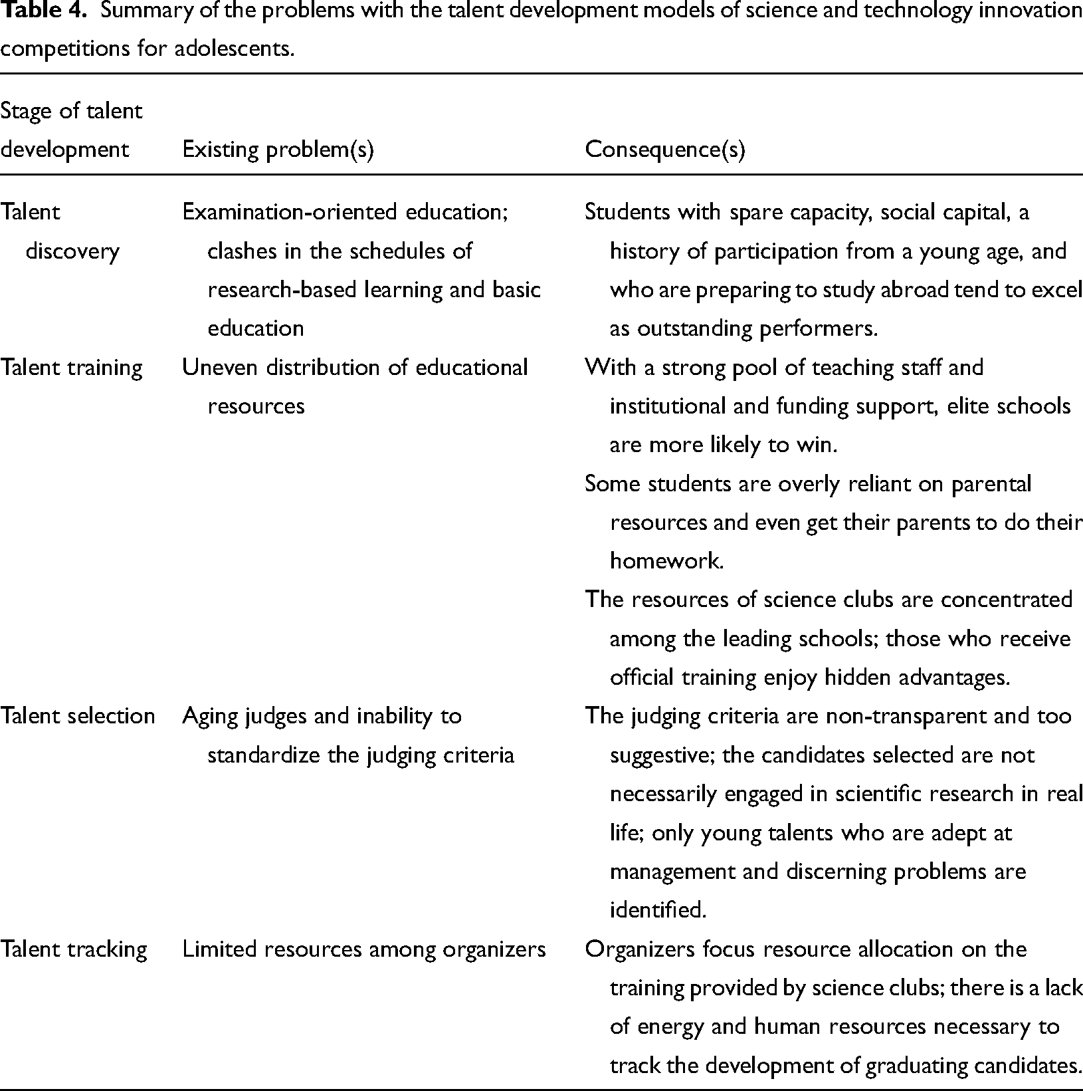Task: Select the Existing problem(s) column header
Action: click(278, 150)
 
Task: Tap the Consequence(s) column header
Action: click(664, 150)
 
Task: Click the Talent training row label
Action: click(71, 368)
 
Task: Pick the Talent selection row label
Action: click(77, 716)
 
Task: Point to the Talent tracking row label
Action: click(73, 949)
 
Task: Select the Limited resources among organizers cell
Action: click(363, 949)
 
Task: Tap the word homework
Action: click(665, 561)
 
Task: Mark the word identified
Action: click(657, 909)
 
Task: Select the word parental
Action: click(991, 484)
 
